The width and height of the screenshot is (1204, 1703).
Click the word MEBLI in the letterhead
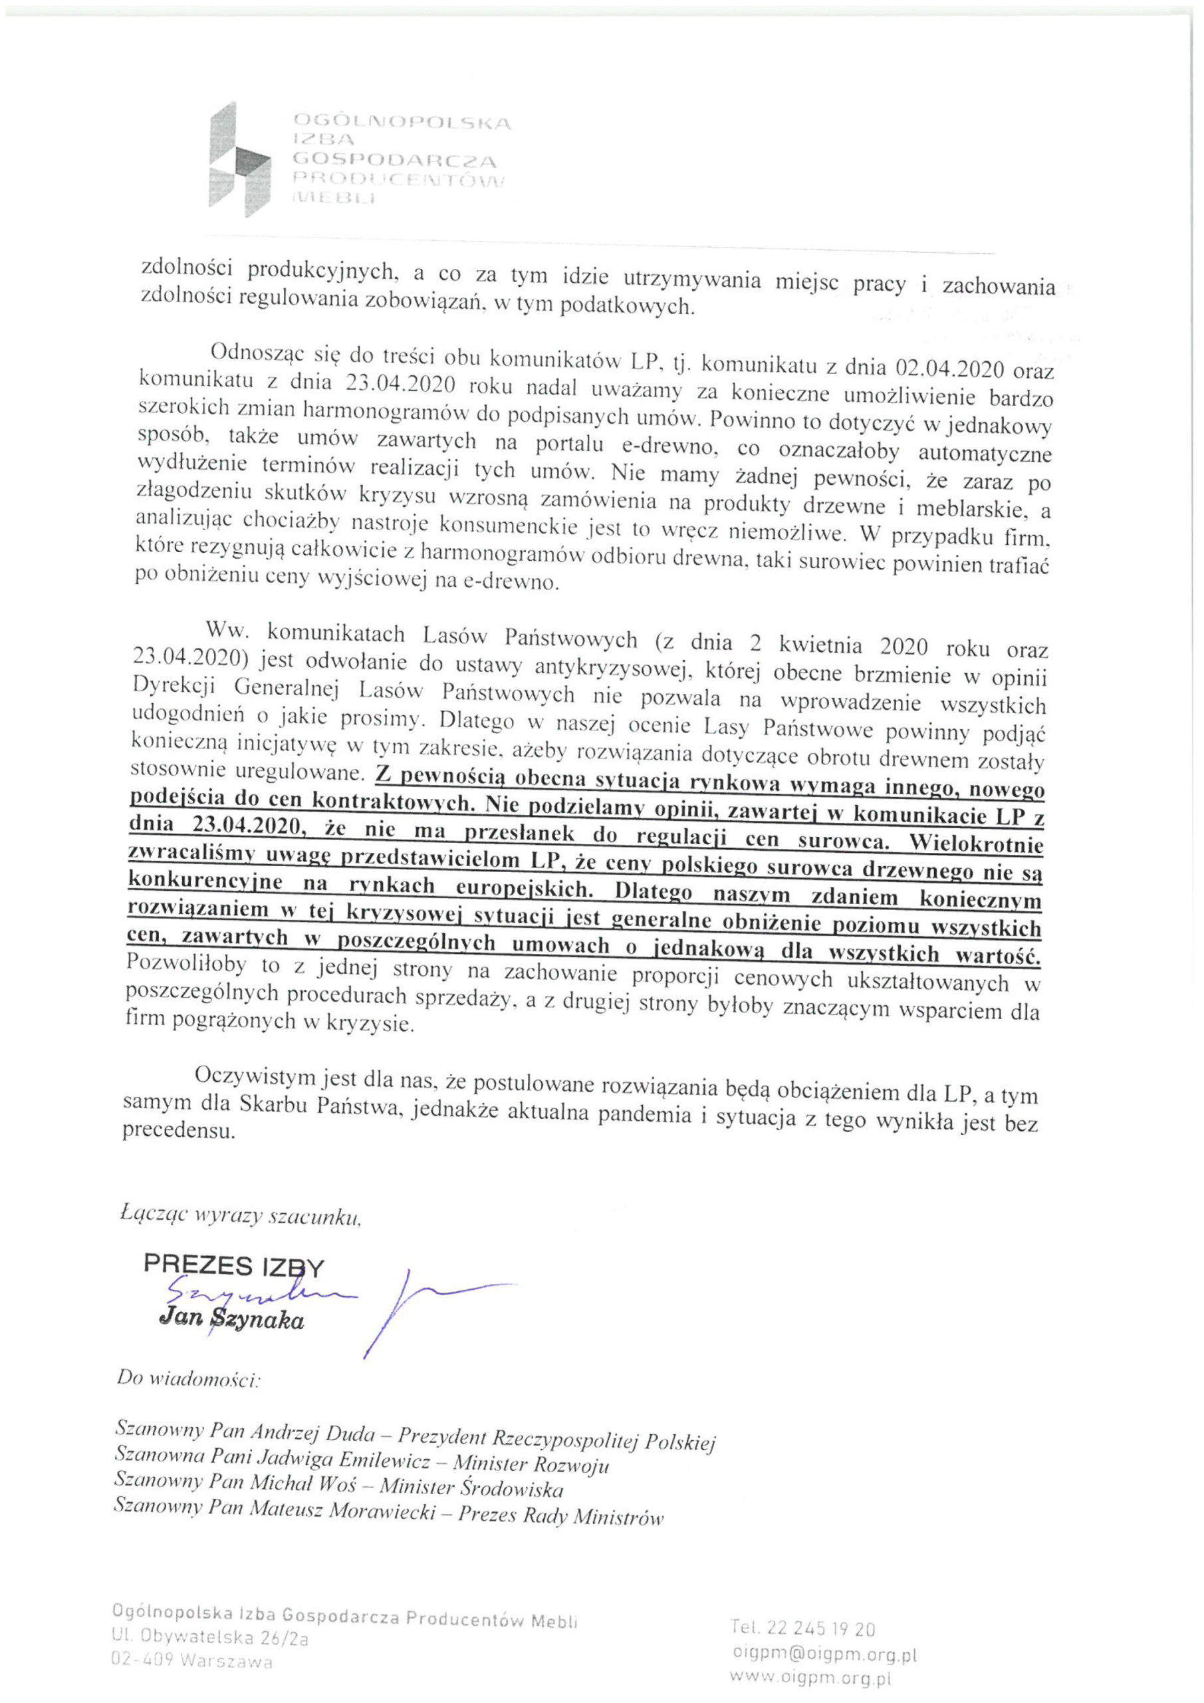tap(334, 198)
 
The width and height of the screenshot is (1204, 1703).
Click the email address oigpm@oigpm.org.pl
tap(824, 1653)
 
